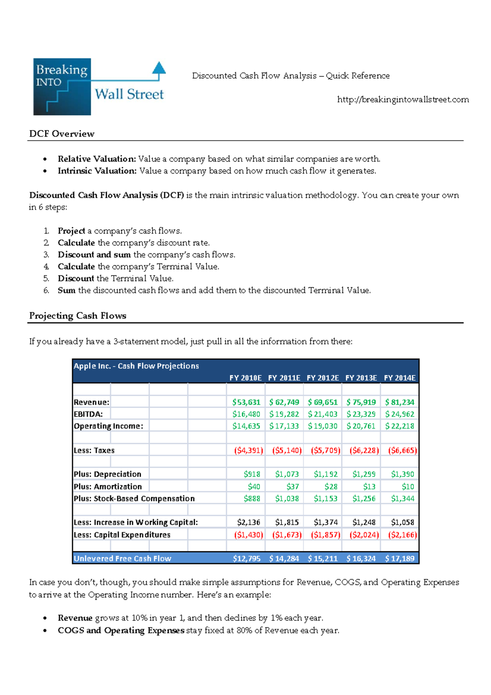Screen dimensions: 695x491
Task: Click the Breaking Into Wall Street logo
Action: click(99, 86)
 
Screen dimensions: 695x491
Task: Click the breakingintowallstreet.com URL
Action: click(403, 99)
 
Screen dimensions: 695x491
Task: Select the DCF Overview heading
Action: click(62, 134)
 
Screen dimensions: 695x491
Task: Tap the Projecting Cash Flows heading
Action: click(78, 316)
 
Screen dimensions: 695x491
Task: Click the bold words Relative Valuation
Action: click(97, 159)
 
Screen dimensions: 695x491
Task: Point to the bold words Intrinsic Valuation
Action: click(97, 171)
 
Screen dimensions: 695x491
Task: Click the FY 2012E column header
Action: click(322, 378)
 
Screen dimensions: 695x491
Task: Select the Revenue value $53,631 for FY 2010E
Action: click(246, 402)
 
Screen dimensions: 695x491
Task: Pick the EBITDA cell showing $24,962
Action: click(399, 414)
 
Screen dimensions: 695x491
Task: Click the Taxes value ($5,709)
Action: click(325, 450)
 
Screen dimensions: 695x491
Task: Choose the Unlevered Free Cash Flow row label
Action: click(122, 558)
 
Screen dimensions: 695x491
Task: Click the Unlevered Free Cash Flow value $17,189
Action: click(399, 558)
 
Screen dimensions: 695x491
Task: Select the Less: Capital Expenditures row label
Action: click(122, 535)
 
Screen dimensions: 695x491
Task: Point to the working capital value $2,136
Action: click(248, 522)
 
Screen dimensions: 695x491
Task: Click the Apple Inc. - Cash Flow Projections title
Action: click(136, 366)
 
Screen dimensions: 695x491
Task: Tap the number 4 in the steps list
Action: click(46, 266)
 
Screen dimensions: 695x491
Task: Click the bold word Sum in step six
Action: click(66, 290)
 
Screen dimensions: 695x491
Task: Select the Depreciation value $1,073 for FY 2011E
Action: click(287, 474)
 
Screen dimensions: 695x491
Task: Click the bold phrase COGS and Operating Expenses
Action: click(121, 630)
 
